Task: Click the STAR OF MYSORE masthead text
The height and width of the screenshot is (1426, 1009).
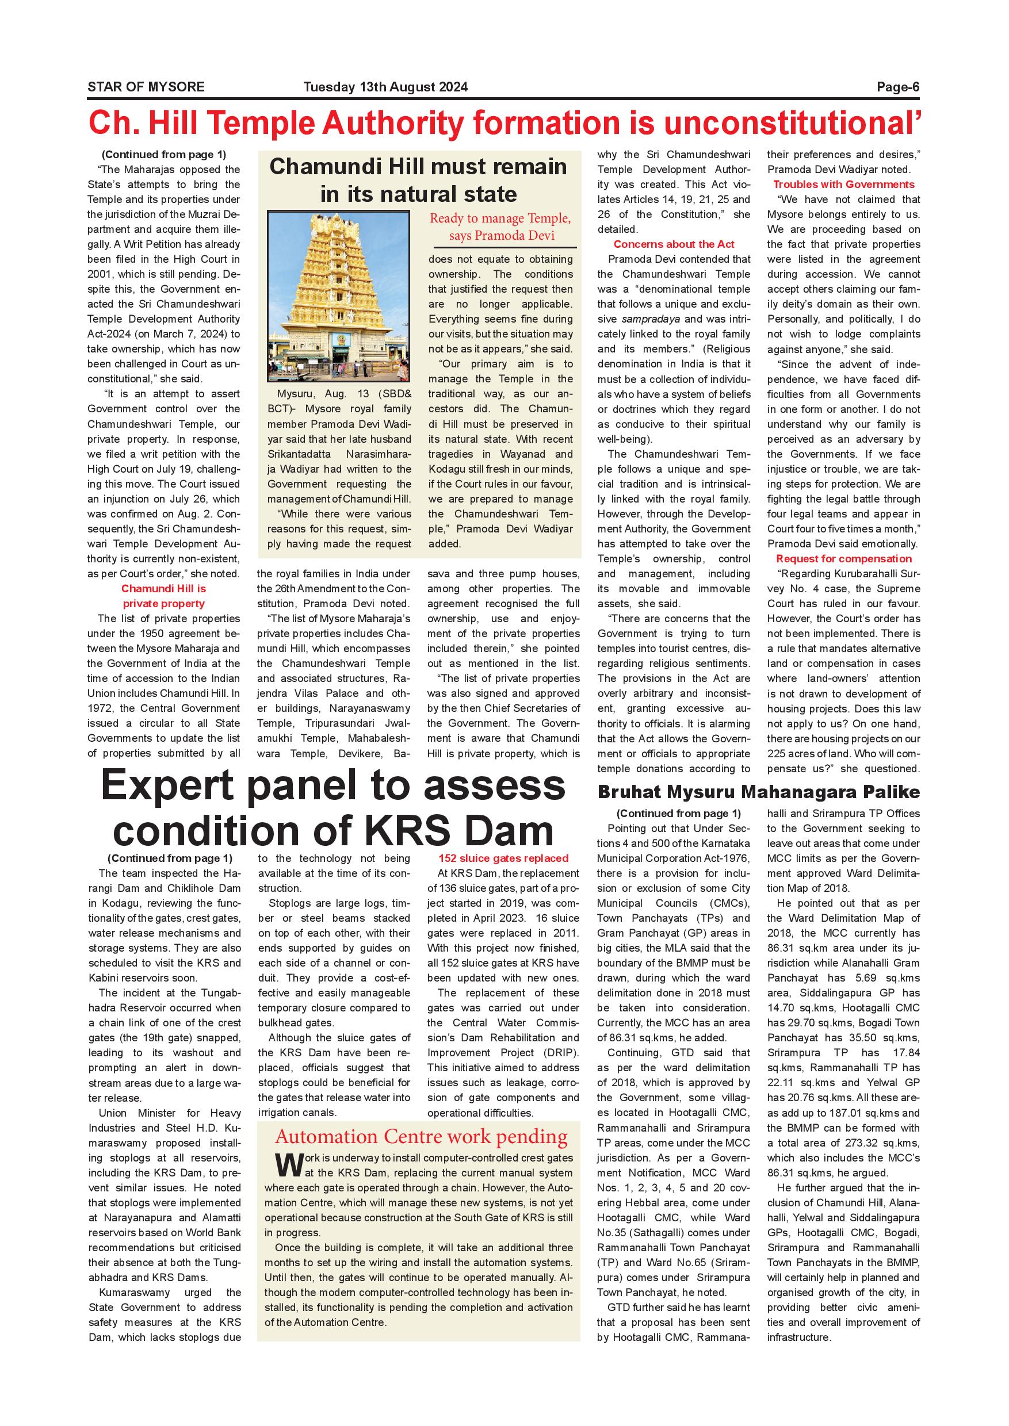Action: [146, 87]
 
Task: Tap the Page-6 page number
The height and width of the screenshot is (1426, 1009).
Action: [898, 87]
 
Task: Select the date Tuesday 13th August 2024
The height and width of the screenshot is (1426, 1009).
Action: [385, 87]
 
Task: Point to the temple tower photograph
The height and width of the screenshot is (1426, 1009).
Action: [339, 296]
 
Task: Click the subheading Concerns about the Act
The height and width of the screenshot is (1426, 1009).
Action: [674, 244]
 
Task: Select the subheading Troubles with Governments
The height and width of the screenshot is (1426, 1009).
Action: [843, 185]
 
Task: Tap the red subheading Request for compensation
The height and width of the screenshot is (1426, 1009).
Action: [843, 558]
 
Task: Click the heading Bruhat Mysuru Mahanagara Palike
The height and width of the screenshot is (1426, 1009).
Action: [758, 792]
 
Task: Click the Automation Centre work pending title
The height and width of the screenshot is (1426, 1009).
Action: [421, 1137]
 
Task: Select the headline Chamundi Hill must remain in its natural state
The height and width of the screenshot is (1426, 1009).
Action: [418, 180]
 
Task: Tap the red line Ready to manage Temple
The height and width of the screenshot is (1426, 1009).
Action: [500, 218]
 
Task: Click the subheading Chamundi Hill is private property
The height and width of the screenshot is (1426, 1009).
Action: [163, 596]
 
